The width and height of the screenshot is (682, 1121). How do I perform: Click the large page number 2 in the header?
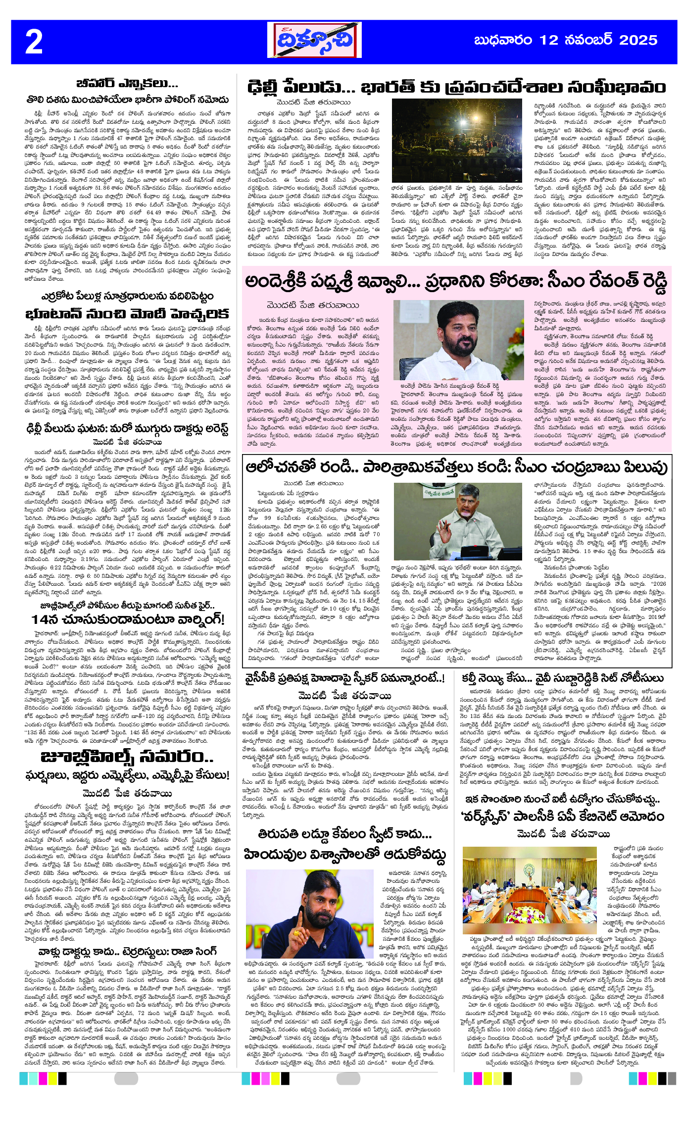[x=34, y=42]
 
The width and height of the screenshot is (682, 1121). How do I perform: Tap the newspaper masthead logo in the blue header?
[x=314, y=41]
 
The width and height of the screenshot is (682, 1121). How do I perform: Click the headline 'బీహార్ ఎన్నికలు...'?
[x=127, y=83]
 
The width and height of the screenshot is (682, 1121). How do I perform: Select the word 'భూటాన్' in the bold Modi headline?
[x=52, y=314]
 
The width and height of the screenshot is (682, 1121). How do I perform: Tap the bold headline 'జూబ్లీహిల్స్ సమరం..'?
[x=127, y=757]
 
